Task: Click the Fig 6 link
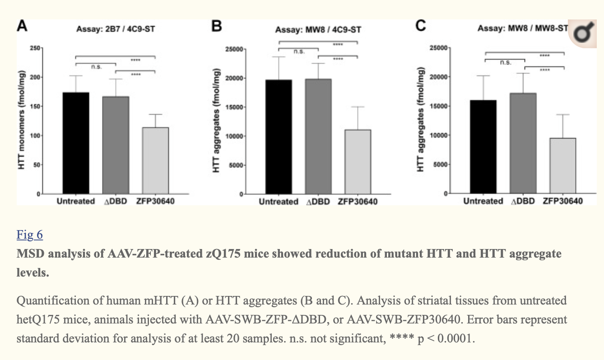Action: click(x=29, y=235)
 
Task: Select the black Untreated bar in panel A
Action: click(x=76, y=143)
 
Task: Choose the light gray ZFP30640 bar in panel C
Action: click(x=563, y=165)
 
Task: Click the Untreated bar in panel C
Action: click(x=483, y=147)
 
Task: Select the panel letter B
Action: click(x=217, y=27)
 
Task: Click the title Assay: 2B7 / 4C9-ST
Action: click(x=116, y=29)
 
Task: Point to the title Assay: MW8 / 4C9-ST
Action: click(x=318, y=30)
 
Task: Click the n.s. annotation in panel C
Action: click(x=506, y=63)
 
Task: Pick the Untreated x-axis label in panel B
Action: click(x=279, y=202)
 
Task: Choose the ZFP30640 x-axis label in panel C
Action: click(x=562, y=201)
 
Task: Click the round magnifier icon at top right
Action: click(x=585, y=32)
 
